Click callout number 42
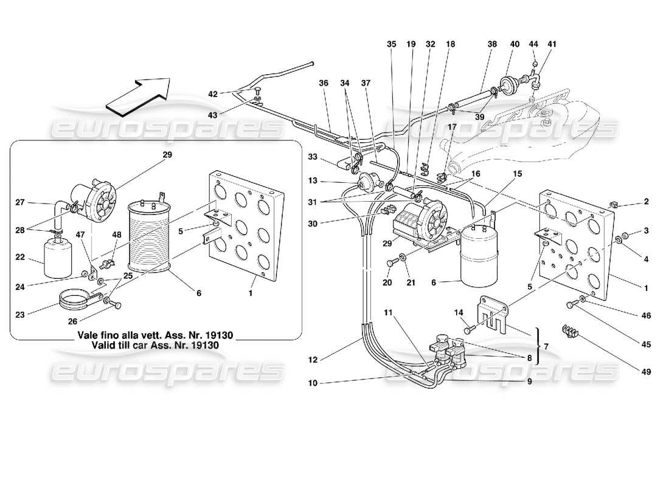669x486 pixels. [x=212, y=94]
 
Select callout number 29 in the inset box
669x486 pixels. [x=167, y=155]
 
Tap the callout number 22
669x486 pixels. [x=19, y=258]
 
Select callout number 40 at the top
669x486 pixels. [x=515, y=44]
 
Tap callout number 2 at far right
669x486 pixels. [x=646, y=202]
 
